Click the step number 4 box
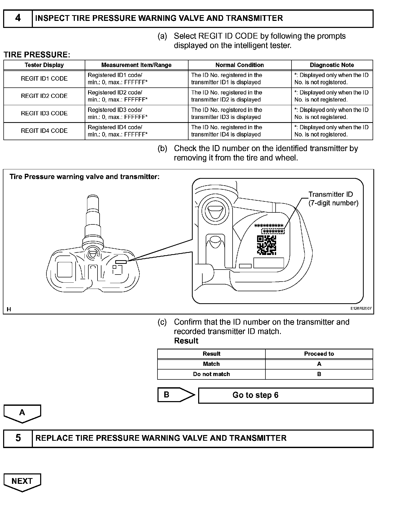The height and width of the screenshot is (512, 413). tap(18, 18)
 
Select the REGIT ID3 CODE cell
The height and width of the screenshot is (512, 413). tap(44, 114)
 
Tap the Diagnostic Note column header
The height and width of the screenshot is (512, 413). tap(332, 65)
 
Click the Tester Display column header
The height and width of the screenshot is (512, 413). tap(44, 65)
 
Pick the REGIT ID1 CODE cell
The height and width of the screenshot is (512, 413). tap(44, 79)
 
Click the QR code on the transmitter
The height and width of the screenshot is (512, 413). tap(266, 245)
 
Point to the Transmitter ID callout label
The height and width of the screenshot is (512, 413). tap(333, 199)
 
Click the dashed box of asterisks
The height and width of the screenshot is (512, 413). tap(273, 231)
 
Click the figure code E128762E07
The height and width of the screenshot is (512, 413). tap(361, 308)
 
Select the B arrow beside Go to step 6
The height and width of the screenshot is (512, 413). tap(176, 395)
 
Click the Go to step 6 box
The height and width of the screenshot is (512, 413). tap(286, 395)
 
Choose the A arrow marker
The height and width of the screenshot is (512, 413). tap(22, 413)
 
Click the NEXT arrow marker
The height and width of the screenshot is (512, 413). tap(22, 482)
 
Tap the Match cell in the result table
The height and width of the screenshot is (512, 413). tap(211, 364)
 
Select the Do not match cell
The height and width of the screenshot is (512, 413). tap(211, 374)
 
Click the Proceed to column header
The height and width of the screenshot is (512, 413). tap(319, 354)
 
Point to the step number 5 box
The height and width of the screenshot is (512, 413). tap(18, 438)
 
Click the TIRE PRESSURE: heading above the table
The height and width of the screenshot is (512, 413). tap(37, 55)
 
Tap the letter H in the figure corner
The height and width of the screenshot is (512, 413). tap(9, 309)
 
